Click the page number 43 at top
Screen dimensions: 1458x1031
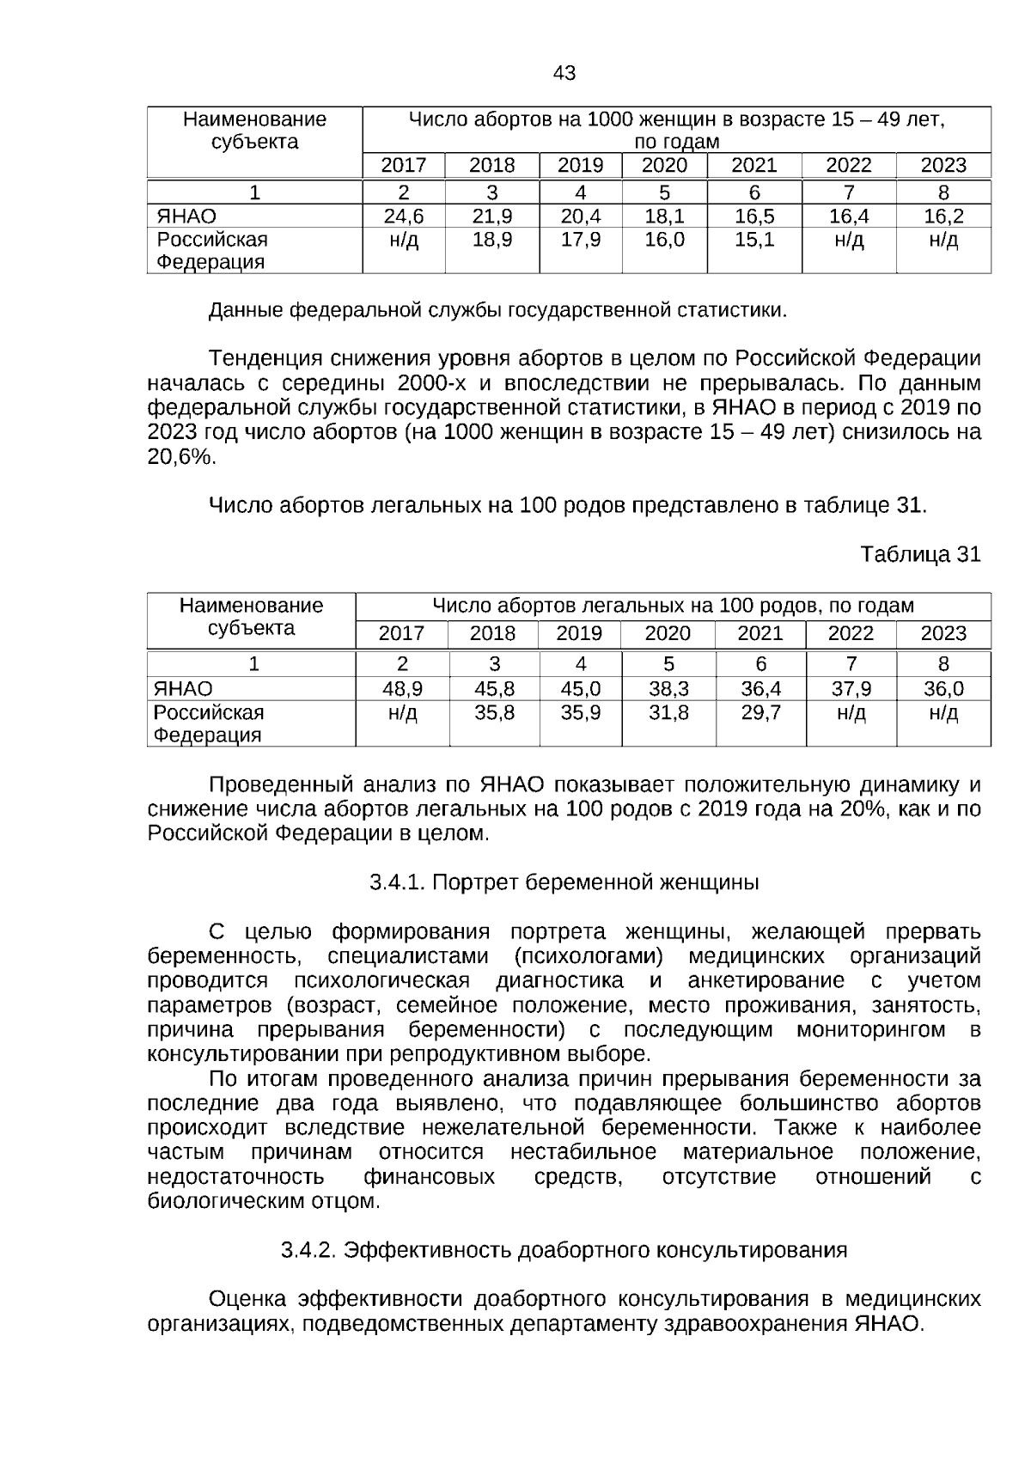point(564,74)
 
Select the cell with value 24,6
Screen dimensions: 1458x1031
point(403,217)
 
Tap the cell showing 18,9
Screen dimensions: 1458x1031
point(492,240)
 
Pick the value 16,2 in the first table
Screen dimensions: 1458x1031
point(943,217)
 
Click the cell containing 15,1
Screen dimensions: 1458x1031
point(754,240)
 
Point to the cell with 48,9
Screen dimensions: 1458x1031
point(401,689)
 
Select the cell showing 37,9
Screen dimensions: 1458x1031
point(851,689)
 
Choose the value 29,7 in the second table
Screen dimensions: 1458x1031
point(760,712)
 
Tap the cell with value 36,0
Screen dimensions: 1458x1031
point(943,689)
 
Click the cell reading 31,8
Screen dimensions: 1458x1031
point(668,712)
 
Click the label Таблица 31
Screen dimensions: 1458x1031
point(920,555)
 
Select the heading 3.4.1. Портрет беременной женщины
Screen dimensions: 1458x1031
point(564,882)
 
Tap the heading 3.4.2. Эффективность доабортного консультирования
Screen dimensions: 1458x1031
point(564,1250)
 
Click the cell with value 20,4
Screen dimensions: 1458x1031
point(580,217)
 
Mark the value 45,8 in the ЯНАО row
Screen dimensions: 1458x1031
point(494,689)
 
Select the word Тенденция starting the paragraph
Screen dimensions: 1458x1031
point(264,358)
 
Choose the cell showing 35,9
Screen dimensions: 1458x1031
point(580,712)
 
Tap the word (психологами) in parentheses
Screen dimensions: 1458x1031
point(589,956)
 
